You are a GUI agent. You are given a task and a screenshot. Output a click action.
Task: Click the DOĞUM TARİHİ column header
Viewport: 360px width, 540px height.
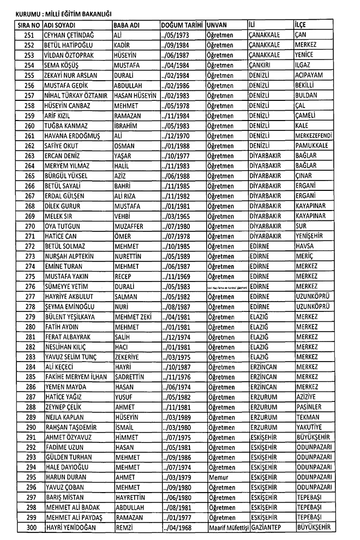point(182,26)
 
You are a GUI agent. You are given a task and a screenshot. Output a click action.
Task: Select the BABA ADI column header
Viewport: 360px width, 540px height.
point(125,26)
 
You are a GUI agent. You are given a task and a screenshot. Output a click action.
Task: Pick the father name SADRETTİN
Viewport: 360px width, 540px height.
point(131,376)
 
